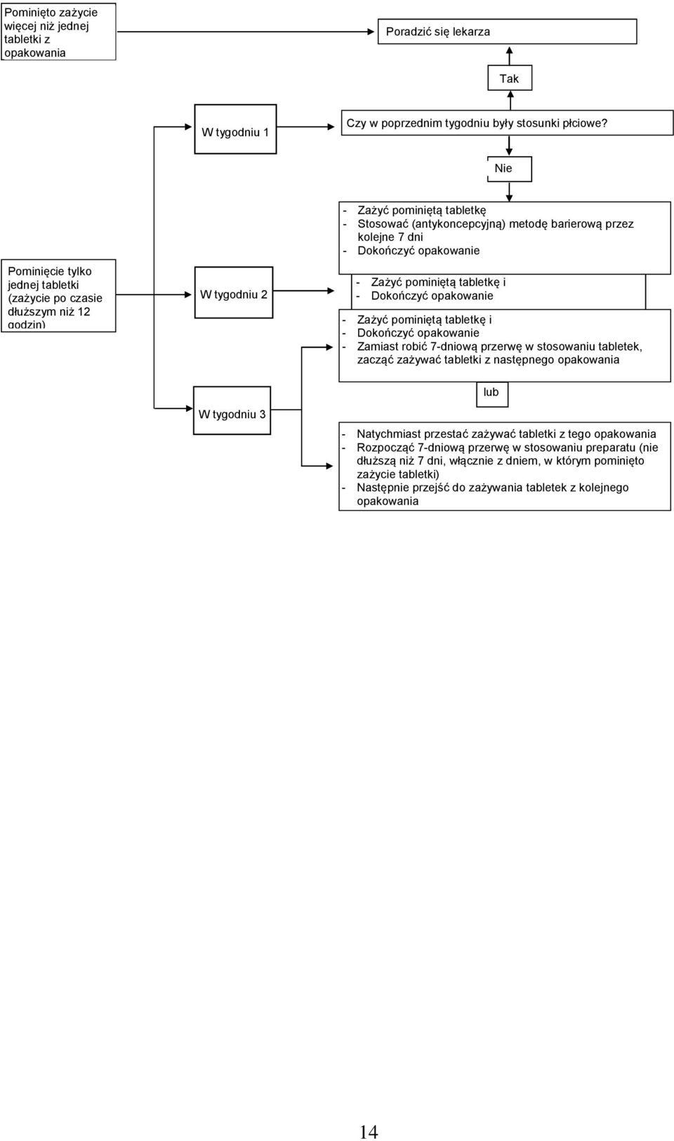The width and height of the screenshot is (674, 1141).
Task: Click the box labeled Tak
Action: (x=510, y=78)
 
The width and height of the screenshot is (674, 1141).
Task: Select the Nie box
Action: (x=509, y=169)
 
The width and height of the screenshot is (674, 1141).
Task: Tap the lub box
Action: (x=492, y=393)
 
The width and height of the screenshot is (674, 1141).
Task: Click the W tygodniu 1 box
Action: (x=235, y=129)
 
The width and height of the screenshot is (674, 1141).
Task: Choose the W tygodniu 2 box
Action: (x=234, y=292)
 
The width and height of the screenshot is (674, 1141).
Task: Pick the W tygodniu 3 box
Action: (x=232, y=410)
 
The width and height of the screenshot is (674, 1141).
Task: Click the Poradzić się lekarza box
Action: (x=507, y=32)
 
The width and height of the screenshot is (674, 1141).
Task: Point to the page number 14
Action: (x=369, y=1131)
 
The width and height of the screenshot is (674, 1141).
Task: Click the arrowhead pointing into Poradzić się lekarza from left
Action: (x=371, y=32)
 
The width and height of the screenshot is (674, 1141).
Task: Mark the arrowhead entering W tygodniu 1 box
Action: (x=188, y=127)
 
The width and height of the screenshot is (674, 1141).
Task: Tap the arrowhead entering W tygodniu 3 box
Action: (x=189, y=408)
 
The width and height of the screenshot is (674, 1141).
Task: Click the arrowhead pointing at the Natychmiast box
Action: (x=330, y=466)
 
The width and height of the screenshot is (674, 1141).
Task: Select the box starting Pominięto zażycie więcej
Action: (x=58, y=32)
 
